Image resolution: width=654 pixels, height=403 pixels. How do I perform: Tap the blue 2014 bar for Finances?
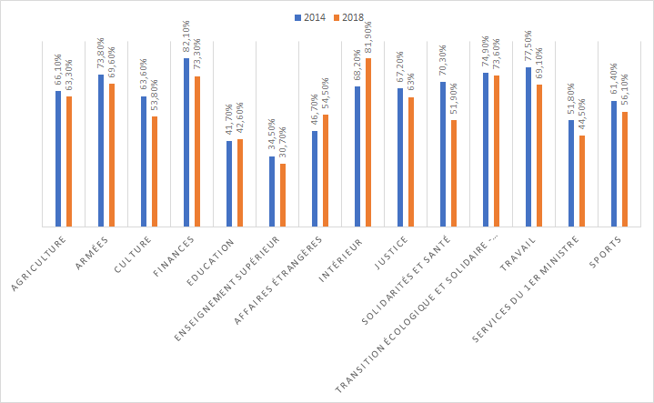pos(186,142)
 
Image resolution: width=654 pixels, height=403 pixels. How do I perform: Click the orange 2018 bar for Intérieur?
pos(367,142)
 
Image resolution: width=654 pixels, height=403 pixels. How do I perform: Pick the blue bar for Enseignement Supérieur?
pos(272,191)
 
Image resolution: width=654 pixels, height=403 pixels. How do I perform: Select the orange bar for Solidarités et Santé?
pos(453,173)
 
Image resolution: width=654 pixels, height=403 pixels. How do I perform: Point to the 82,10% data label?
pos(186,38)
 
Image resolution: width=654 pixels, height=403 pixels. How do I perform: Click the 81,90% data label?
pos(367,38)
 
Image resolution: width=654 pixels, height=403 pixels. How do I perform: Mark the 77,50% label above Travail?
pos(528,46)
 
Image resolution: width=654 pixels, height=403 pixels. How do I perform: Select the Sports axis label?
pos(607,252)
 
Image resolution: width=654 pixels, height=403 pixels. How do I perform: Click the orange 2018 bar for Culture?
pos(154,171)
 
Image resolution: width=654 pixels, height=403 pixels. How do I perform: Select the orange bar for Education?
pos(239,182)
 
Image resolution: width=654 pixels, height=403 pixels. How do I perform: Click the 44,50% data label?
pos(581,116)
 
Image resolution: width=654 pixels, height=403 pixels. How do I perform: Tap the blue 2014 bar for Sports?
pos(614,163)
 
